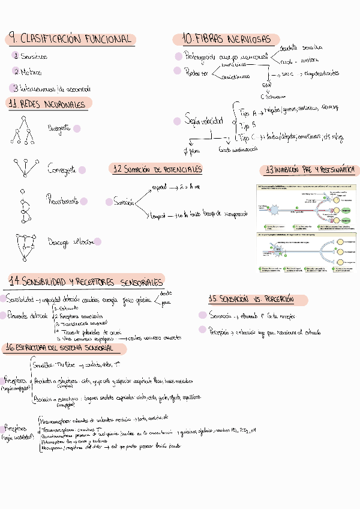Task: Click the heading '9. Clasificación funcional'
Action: click(x=70, y=39)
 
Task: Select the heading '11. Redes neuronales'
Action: click(x=48, y=104)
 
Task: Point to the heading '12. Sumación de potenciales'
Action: click(x=158, y=169)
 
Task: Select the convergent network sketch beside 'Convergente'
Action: click(x=23, y=169)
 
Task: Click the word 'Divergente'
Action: click(x=59, y=128)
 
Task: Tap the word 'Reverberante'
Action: click(x=62, y=202)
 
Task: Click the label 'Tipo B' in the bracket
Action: click(x=248, y=125)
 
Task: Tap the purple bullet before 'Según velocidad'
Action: click(x=177, y=121)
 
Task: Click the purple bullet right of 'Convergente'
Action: click(x=82, y=170)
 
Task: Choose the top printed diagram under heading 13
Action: click(x=306, y=205)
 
